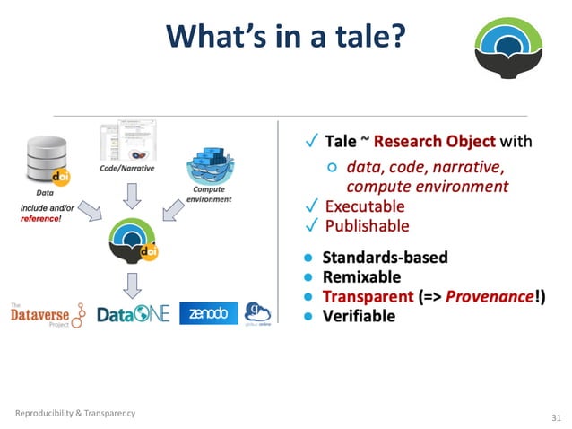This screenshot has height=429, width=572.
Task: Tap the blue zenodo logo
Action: point(209,313)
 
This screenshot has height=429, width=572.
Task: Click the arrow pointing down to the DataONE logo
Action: point(131,283)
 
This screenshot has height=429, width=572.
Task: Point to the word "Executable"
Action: point(367,206)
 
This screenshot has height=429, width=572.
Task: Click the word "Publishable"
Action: point(367,225)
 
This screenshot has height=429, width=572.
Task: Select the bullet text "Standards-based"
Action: point(385,258)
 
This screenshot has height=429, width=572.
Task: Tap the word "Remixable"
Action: point(361,276)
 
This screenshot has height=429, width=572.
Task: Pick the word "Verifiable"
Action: point(359,316)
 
